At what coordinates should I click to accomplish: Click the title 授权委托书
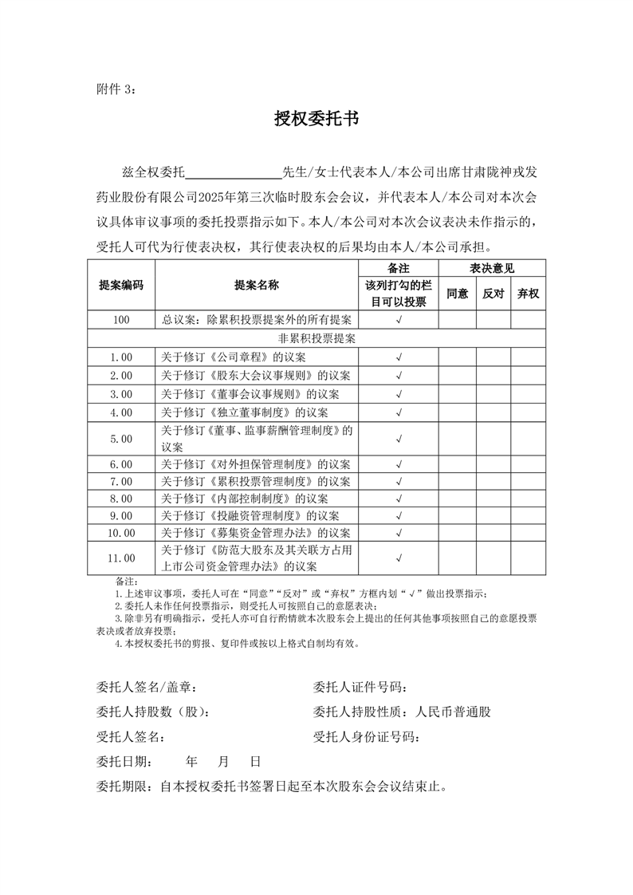[316, 120]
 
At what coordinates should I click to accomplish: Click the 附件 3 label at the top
[116, 89]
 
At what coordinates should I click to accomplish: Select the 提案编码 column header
[121, 285]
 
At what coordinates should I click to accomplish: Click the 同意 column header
[457, 294]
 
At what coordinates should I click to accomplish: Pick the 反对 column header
[493, 294]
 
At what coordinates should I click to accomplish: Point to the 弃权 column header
[528, 294]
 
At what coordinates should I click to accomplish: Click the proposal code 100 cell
[121, 320]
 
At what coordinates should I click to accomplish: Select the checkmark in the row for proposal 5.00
[399, 438]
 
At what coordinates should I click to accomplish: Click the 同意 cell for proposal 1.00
[457, 357]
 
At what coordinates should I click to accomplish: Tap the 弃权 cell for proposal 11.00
[528, 558]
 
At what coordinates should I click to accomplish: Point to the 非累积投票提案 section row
[316, 338]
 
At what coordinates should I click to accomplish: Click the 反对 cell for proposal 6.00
[493, 463]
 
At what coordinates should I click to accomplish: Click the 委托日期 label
[125, 762]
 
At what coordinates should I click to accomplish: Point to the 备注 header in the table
[399, 269]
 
